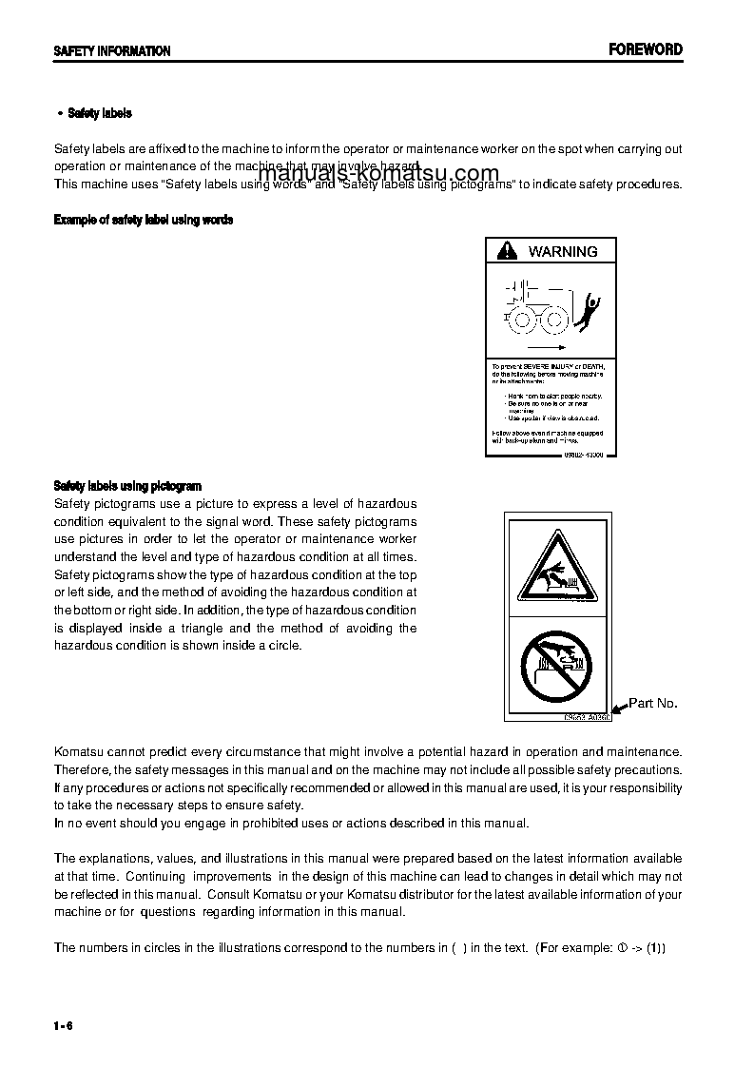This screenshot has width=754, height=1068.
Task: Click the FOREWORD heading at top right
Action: pyautogui.click(x=645, y=49)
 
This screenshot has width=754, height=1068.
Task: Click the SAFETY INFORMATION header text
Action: pyautogui.click(x=112, y=51)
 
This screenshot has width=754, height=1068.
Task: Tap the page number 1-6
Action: pyautogui.click(x=64, y=1025)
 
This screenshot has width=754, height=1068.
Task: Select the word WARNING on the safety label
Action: pyautogui.click(x=563, y=251)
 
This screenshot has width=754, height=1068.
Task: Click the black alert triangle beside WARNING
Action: pyautogui.click(x=509, y=251)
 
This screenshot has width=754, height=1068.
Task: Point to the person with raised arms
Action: pyautogui.click(x=590, y=309)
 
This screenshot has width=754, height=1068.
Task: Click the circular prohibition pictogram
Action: pyautogui.click(x=556, y=663)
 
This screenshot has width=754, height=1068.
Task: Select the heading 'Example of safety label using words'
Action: pyautogui.click(x=144, y=220)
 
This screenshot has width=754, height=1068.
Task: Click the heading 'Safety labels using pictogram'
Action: pyautogui.click(x=127, y=486)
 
